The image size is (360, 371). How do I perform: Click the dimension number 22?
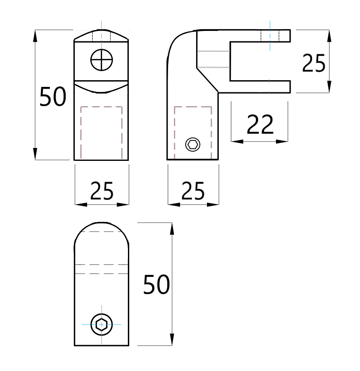(260, 125)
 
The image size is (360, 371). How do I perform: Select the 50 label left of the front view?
(53, 97)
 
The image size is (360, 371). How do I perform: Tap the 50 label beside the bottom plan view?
(156, 285)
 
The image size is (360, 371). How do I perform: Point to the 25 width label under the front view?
(102, 191)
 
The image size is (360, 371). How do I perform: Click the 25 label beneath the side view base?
(193, 191)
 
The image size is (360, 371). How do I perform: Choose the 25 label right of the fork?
(313, 64)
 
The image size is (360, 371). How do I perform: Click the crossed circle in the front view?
(102, 61)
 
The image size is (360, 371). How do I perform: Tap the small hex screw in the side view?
(193, 145)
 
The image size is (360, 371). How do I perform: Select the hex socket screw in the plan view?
(101, 324)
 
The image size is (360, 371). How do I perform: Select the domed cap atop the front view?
(101, 35)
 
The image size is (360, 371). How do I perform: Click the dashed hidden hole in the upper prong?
(270, 36)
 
